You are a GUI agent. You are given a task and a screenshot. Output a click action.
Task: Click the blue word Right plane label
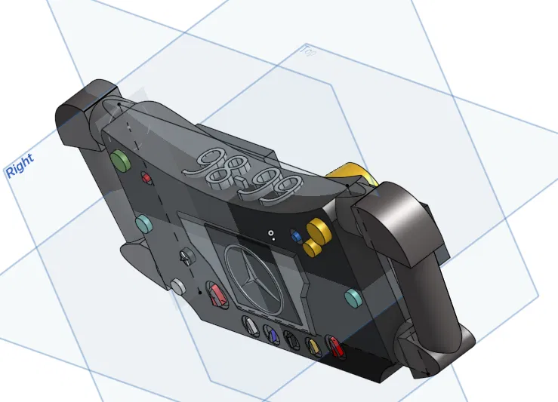click(20, 166)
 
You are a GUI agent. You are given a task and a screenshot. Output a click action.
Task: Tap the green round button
click(119, 159)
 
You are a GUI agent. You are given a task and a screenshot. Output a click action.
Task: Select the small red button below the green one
click(147, 178)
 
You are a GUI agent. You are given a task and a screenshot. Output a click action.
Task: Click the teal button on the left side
click(141, 223)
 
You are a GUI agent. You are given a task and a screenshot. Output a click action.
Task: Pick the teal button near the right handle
click(353, 297)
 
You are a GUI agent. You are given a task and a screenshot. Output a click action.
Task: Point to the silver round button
click(178, 287)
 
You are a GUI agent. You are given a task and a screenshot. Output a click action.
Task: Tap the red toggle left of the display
click(217, 295)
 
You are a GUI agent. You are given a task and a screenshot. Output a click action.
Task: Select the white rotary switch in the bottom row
click(250, 328)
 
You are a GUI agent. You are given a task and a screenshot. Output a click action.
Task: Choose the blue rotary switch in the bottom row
click(271, 333)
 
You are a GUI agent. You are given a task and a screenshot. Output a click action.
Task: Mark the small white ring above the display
click(270, 234)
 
